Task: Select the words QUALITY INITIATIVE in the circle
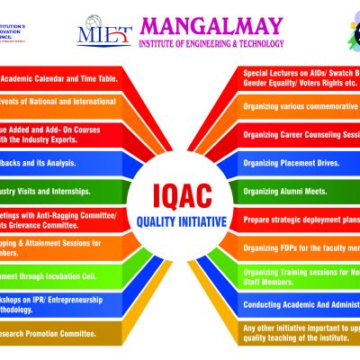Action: point(180,220)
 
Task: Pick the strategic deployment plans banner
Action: point(301,220)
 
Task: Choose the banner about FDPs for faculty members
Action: point(301,247)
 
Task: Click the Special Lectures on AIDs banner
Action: point(301,76)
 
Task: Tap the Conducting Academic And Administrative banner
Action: point(301,303)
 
